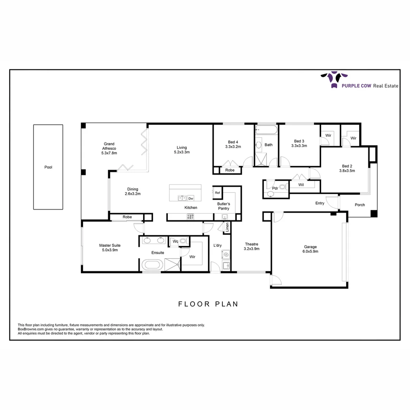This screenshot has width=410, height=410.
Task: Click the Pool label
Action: (48, 167)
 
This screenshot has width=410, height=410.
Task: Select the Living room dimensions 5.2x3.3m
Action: (181, 152)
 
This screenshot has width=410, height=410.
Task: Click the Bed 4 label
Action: (233, 142)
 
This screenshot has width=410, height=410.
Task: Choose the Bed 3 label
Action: (299, 141)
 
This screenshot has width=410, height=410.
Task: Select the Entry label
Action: (320, 203)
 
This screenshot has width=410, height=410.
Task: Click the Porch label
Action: (360, 205)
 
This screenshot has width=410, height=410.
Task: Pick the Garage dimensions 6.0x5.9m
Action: (310, 251)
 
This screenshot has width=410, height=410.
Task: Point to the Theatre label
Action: (251, 244)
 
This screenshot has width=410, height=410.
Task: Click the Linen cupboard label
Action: (227, 227)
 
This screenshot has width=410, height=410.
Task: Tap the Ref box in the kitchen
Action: (217, 193)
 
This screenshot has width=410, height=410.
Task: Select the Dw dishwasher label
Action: (191, 198)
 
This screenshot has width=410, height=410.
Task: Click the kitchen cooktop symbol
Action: (190, 216)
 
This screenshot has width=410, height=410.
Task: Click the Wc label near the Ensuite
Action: (175, 241)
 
